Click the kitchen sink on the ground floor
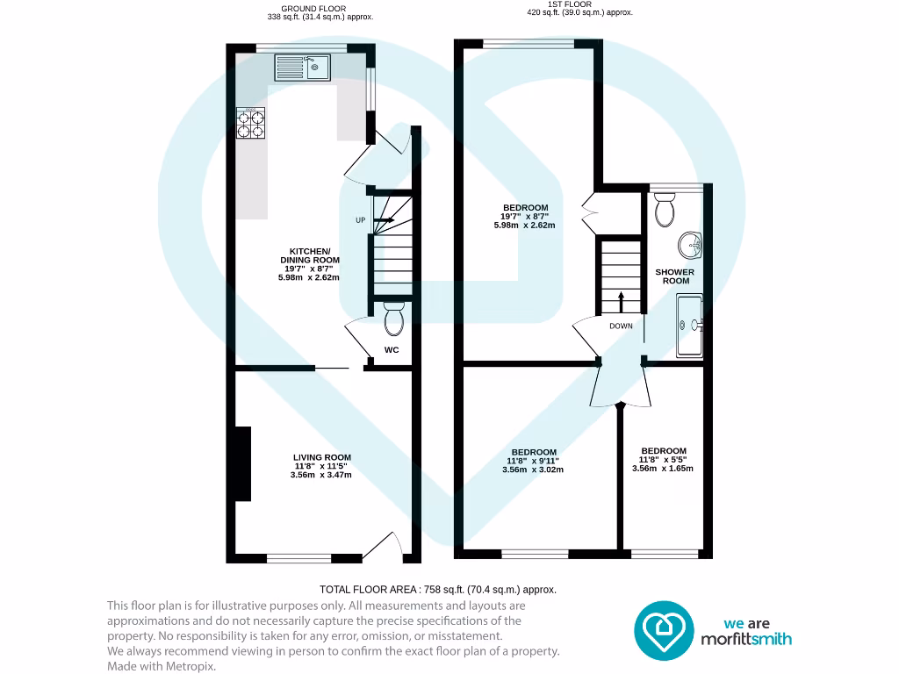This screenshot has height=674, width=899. click(301, 67)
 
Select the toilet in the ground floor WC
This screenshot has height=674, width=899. click(393, 319)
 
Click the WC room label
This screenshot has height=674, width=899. click(392, 350)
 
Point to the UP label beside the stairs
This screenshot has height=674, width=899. click(360, 220)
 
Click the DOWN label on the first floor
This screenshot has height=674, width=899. click(622, 326)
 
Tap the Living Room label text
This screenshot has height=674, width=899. click(322, 457)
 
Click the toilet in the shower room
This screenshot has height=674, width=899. click(665, 210)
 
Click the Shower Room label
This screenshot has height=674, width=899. click(674, 276)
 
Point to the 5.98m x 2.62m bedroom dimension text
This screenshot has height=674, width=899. click(524, 226)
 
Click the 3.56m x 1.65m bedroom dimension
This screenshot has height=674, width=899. click(663, 469)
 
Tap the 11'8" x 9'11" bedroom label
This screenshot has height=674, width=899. click(533, 461)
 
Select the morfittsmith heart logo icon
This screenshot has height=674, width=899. click(664, 629)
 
